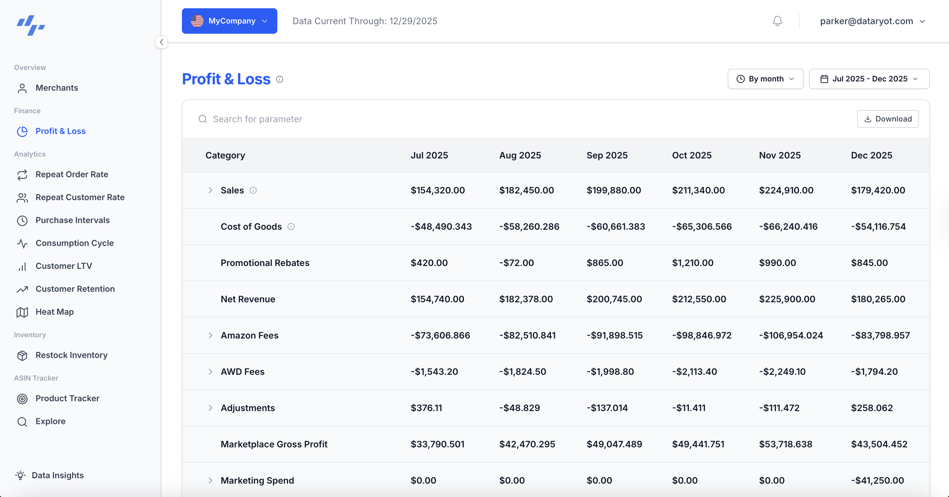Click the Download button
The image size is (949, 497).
(x=888, y=119)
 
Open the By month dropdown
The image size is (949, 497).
(x=765, y=79)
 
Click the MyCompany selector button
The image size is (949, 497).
(x=229, y=21)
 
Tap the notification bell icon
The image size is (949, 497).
(x=777, y=21)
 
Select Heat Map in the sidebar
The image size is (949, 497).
(x=54, y=312)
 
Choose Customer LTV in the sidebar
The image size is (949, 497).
(x=63, y=266)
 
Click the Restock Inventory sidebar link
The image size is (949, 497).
(x=72, y=355)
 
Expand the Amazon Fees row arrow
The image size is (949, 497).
(x=210, y=335)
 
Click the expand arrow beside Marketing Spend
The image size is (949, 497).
(x=210, y=480)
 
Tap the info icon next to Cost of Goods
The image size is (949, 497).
(x=291, y=226)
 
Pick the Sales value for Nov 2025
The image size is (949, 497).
(x=786, y=190)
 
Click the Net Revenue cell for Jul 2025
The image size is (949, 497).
(x=437, y=299)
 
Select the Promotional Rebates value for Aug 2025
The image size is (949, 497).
(x=516, y=263)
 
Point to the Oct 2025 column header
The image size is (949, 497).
(x=691, y=155)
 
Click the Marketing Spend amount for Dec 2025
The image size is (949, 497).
(x=877, y=480)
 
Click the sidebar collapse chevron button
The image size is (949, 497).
(x=161, y=42)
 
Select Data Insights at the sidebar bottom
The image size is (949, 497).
(x=58, y=475)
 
